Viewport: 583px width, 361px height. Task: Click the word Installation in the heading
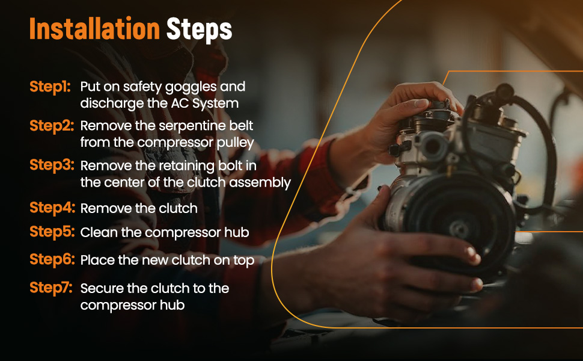(x=94, y=29)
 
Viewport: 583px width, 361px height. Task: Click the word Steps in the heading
(x=199, y=29)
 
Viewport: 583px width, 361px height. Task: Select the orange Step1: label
(x=50, y=87)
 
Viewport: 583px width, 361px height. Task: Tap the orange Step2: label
(x=52, y=126)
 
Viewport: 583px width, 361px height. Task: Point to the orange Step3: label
(x=52, y=165)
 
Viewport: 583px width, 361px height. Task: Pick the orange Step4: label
(x=52, y=208)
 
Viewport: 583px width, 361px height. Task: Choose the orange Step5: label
(x=52, y=232)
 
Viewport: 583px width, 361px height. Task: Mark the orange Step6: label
(x=52, y=260)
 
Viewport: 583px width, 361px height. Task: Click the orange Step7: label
(x=51, y=288)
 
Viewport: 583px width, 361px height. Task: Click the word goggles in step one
(x=191, y=87)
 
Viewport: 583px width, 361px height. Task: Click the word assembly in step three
(x=260, y=183)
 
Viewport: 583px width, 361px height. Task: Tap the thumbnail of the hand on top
(x=421, y=103)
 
